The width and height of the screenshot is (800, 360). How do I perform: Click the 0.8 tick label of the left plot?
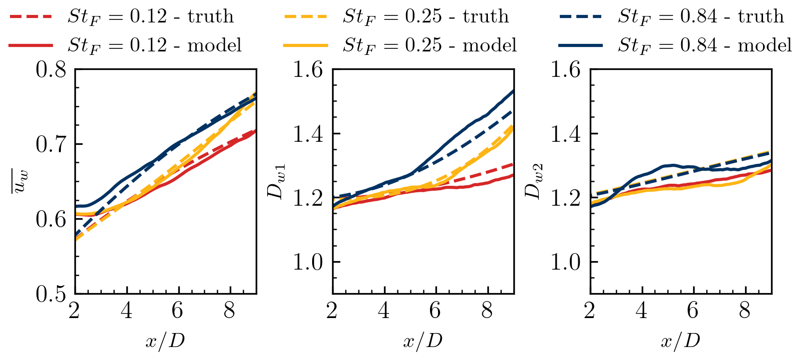coord(51,70)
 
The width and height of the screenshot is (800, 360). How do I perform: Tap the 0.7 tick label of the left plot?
coord(51,145)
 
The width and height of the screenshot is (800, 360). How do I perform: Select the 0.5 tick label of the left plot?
coord(51,294)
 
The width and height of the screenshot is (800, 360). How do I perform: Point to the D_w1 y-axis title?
coord(276,182)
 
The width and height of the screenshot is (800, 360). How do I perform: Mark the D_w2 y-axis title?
coord(534,182)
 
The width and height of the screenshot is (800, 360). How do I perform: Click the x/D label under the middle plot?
coord(422,342)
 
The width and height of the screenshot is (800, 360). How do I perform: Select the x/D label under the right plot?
coord(680,342)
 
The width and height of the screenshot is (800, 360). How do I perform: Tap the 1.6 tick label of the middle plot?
coord(309,70)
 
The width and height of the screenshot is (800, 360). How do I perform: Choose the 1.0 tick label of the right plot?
coord(566,262)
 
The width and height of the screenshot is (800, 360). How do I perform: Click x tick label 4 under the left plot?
coord(127,311)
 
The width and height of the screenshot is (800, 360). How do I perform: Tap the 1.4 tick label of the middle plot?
coord(309,134)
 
